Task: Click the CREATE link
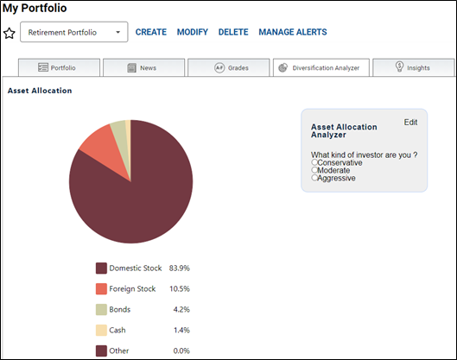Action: [x=151, y=32]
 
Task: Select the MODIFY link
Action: [x=193, y=32]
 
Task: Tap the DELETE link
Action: [x=233, y=32]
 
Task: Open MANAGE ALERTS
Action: [x=293, y=32]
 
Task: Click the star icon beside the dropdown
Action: [x=10, y=33]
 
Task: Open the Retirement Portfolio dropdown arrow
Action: [x=118, y=32]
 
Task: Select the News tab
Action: [x=144, y=68]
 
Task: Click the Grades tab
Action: [x=228, y=68]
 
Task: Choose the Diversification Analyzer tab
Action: [x=321, y=68]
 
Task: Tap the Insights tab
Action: [x=414, y=68]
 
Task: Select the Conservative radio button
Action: [x=314, y=162]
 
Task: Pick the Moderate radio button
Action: [x=314, y=170]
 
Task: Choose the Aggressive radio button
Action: [x=314, y=178]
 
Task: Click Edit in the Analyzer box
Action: [x=410, y=123]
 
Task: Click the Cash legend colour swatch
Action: [x=101, y=331]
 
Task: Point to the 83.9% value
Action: [x=179, y=268]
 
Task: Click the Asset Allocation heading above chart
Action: [x=40, y=91]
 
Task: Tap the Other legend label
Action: [x=119, y=351]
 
